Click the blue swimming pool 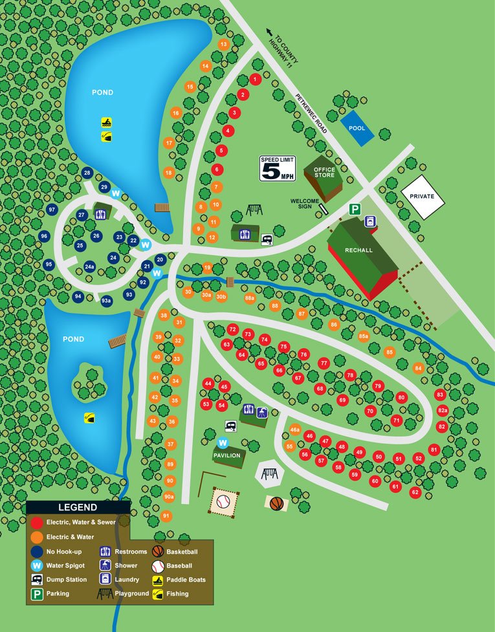click(x=357, y=127)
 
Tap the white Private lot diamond click(x=422, y=196)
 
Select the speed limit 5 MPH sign click(x=277, y=168)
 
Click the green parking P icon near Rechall click(x=355, y=209)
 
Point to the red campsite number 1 click(x=255, y=80)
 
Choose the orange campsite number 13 click(x=224, y=45)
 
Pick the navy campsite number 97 click(x=52, y=210)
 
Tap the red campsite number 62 click(x=415, y=492)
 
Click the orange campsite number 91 click(x=166, y=516)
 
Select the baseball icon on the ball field click(x=223, y=501)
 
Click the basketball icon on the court click(x=277, y=503)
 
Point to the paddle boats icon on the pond click(x=106, y=122)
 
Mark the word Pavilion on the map click(x=227, y=455)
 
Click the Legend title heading click(x=78, y=508)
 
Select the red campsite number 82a click(x=443, y=410)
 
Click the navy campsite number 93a click(x=106, y=300)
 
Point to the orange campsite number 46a click(x=295, y=430)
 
